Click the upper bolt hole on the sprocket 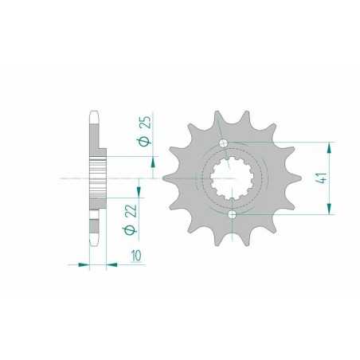[225, 143]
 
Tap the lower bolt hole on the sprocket [232, 215]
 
